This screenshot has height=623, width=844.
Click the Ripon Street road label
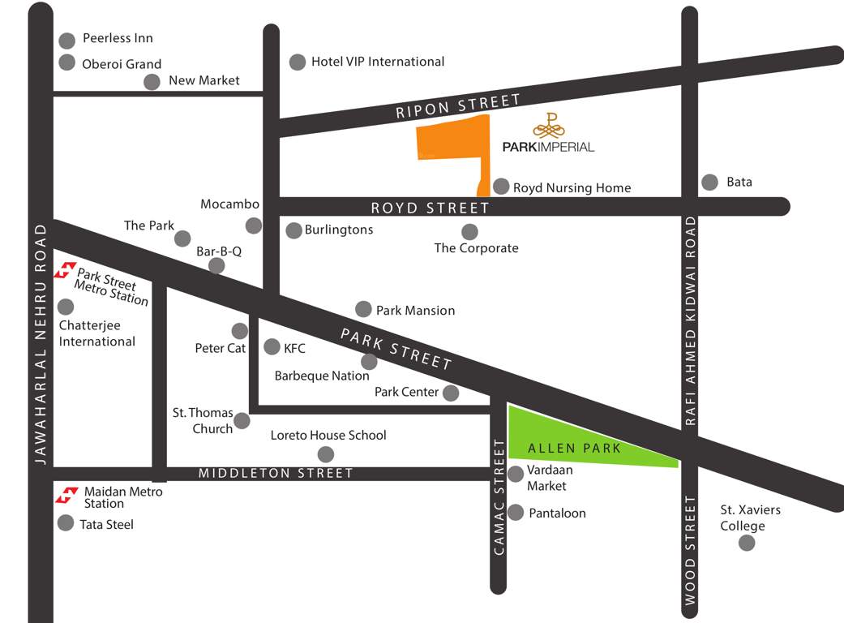pos(458,106)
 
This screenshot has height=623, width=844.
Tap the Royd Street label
pos(431,208)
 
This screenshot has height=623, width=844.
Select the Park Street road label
pos(396,349)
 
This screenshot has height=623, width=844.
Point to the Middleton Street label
pos(276,473)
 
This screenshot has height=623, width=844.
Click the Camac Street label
pos(499,497)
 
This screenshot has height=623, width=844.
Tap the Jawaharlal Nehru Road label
pos(40,344)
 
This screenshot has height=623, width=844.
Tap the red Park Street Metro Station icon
pos(65,270)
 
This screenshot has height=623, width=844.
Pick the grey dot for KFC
pos(272,347)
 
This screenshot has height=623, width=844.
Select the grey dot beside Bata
pos(710,183)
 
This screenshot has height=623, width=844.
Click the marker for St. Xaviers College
pos(747,543)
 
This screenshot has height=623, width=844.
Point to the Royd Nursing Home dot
pos(502,187)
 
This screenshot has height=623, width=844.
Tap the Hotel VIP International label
pos(378,62)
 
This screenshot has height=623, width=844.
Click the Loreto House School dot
pos(326,454)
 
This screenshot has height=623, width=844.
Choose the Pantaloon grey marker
pos(516,513)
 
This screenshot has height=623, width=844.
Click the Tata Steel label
pos(106,525)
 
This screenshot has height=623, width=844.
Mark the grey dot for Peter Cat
pos(240,331)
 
